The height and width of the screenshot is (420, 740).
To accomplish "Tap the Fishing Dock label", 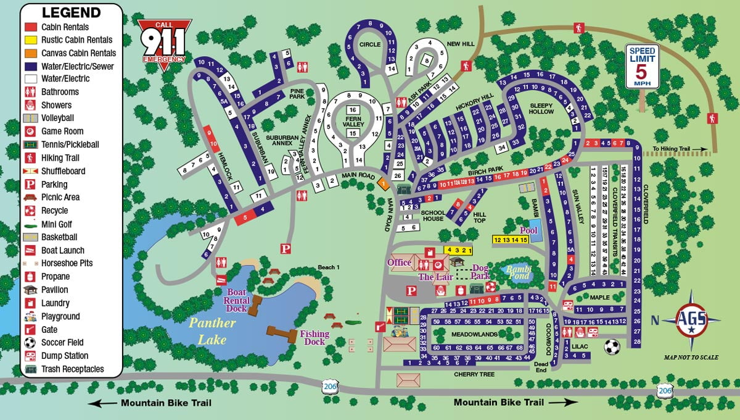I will click(x=314, y=338).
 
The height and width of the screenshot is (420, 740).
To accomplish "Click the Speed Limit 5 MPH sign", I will click(x=643, y=67).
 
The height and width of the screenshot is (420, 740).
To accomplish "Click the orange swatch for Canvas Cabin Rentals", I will click(x=31, y=53).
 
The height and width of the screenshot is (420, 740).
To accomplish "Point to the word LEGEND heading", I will click(x=71, y=13).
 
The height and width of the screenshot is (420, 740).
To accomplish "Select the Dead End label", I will click(x=541, y=367).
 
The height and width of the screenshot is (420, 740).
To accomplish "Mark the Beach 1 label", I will click(x=329, y=267).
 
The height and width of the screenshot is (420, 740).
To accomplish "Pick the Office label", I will click(x=399, y=262).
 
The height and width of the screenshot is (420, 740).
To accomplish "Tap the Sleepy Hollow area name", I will click(x=541, y=109).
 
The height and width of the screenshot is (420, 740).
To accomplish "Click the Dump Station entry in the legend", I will click(x=64, y=356).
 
